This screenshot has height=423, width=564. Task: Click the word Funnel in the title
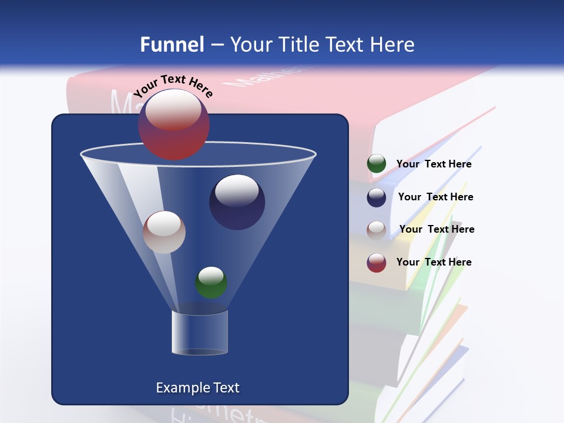click(x=172, y=44)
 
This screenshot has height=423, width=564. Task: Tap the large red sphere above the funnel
click(x=174, y=125)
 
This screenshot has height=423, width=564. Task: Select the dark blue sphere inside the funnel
click(x=237, y=202)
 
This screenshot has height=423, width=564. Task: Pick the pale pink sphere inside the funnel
click(x=164, y=232)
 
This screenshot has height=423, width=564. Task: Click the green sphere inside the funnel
click(x=211, y=283)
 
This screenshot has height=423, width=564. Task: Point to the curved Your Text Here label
click(x=173, y=85)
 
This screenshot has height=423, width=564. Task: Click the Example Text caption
click(x=197, y=388)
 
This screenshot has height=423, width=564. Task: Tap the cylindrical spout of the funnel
click(x=200, y=333)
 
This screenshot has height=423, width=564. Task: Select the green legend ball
click(x=377, y=164)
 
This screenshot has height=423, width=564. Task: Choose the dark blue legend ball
click(x=377, y=197)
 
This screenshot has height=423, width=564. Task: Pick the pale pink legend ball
click(x=377, y=230)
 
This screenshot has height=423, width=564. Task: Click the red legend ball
click(x=377, y=263)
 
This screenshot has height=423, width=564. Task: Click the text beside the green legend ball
click(x=434, y=164)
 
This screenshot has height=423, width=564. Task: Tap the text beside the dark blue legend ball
click(x=435, y=197)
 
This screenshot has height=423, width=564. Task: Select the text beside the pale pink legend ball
click(x=437, y=229)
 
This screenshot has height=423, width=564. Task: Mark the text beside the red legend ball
click(x=434, y=262)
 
